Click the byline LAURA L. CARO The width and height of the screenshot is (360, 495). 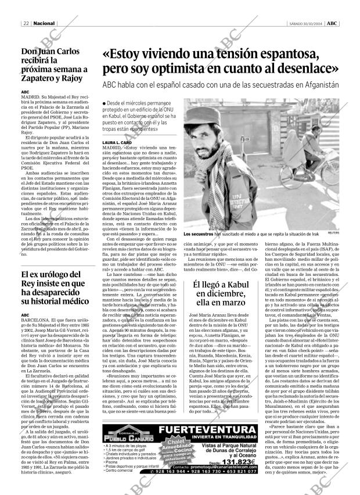pyautogui.click(x=117, y=142)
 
